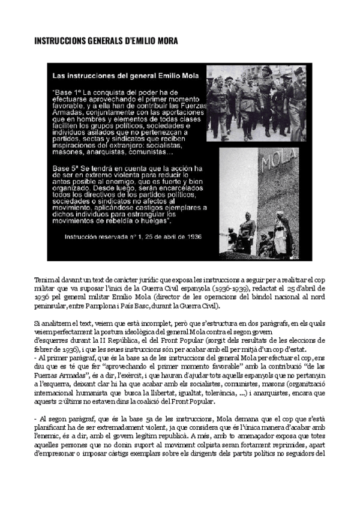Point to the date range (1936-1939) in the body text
point(239,289)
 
